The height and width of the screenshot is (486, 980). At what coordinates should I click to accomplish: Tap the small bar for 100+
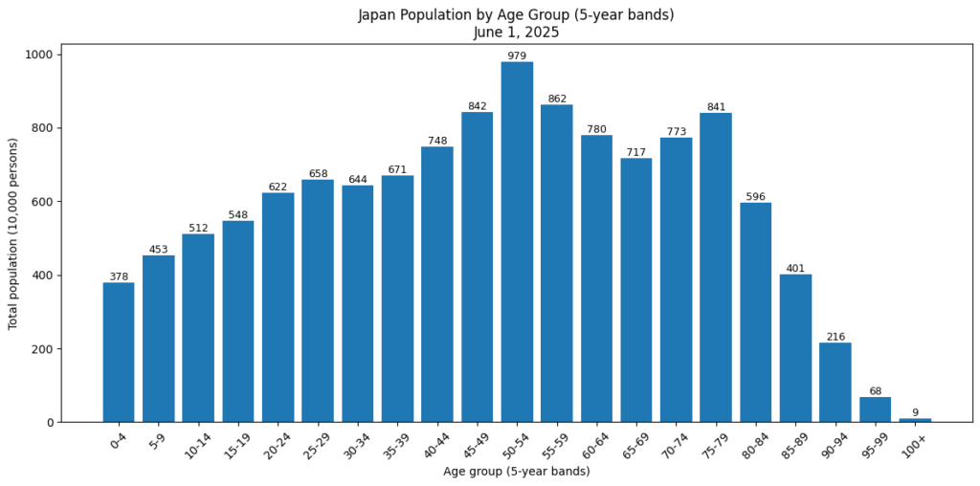pos(915,420)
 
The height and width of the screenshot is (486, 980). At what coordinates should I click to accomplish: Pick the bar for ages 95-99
pos(875,409)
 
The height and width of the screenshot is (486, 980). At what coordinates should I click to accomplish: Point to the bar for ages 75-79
pos(716,268)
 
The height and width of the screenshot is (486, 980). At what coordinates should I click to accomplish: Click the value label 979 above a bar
pos(517,55)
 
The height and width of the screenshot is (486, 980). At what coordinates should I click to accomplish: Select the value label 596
pos(755,197)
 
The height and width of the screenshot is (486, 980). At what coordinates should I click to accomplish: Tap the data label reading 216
pos(835,337)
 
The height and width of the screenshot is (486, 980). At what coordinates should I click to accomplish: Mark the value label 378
pos(119,277)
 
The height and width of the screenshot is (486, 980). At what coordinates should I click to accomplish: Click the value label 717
pos(636,152)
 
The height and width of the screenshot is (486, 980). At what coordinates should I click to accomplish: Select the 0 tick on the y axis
pos(52,423)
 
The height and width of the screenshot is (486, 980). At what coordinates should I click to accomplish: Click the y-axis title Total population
pos(13,234)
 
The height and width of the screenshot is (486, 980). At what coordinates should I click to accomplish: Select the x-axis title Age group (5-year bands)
pos(516,472)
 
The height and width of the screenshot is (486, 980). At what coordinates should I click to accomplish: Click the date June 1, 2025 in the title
pos(516,32)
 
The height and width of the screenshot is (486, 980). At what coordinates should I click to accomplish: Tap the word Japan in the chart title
pos(376,15)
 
